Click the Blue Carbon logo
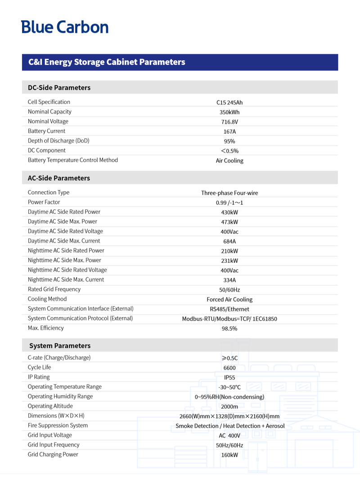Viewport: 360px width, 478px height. (65, 27)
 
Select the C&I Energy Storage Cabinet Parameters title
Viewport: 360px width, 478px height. (107, 62)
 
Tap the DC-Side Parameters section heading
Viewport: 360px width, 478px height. (59, 87)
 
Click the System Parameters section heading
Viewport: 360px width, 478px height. (60, 346)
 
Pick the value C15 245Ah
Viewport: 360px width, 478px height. (229, 103)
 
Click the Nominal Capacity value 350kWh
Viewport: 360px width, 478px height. (229, 112)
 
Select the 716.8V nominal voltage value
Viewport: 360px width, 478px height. (229, 122)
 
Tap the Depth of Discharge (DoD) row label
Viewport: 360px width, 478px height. (58, 141)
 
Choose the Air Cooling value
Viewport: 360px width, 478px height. (229, 161)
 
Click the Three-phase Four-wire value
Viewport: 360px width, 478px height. (229, 193)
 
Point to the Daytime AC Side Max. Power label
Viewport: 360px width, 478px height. (62, 221)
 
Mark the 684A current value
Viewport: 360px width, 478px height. (229, 241)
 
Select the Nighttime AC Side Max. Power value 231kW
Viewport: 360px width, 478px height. (229, 261)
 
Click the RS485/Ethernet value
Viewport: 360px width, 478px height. (229, 309)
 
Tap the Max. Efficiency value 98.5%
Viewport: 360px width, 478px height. (229, 329)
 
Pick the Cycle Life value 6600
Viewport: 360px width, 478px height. (229, 368)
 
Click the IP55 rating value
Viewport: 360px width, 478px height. (229, 378)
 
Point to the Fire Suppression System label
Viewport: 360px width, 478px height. (58, 425)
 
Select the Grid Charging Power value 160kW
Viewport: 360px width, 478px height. (229, 455)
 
